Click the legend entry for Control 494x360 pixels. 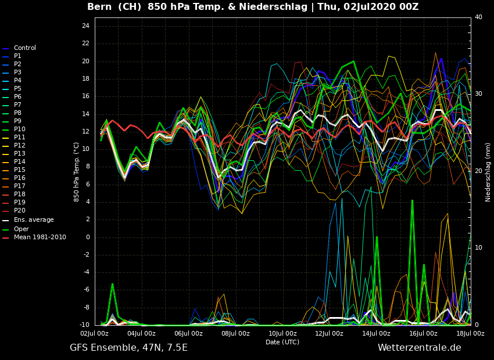tap(24, 48)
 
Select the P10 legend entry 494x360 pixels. tap(19, 129)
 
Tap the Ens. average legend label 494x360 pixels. tap(34, 220)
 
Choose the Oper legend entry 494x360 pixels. tap(21, 229)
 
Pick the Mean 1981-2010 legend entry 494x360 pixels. tap(40, 237)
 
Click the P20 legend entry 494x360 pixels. tap(19, 211)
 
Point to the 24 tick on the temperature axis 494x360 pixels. tap(85, 26)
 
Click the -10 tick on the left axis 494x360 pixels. tap(84, 325)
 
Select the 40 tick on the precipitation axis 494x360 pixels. tap(478, 17)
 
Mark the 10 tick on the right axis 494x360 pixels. tap(478, 248)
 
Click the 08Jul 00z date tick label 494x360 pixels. tap(235, 334)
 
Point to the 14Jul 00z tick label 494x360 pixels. tap(376, 334)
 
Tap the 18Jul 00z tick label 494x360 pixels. tap(470, 334)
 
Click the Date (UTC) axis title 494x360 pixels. tap(282, 343)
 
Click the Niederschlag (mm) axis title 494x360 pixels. tap(488, 171)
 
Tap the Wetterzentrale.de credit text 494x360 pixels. tap(419, 348)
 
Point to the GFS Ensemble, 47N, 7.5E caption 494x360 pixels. tap(128, 348)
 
